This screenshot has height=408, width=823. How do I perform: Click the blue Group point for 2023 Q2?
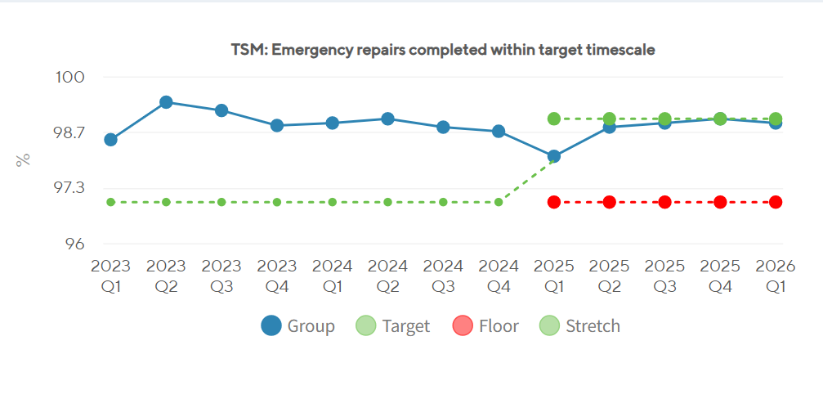[166, 102]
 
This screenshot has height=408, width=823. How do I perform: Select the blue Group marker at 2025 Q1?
[554, 156]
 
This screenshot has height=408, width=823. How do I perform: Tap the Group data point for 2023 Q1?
[111, 140]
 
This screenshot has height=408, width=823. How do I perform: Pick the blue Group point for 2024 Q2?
[387, 119]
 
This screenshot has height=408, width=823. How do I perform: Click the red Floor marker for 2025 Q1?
[554, 202]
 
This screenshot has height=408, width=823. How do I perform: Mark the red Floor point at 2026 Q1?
[776, 202]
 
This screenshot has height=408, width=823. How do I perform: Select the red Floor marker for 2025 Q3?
[665, 202]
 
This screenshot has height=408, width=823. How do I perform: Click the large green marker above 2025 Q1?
[554, 119]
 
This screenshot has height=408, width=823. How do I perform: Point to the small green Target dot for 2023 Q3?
[221, 202]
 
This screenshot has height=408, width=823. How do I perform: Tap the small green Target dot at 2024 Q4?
[499, 202]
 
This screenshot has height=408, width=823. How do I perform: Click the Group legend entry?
[297, 326]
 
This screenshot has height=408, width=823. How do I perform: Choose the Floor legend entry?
[485, 326]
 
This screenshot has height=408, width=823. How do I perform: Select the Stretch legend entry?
[579, 326]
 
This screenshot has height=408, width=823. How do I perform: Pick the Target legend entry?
[392, 326]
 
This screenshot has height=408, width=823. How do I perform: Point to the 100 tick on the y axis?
[70, 77]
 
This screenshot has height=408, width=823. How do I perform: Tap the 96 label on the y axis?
[74, 244]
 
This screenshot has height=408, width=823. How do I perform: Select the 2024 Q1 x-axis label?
[333, 275]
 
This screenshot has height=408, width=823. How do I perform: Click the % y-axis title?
[23, 160]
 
